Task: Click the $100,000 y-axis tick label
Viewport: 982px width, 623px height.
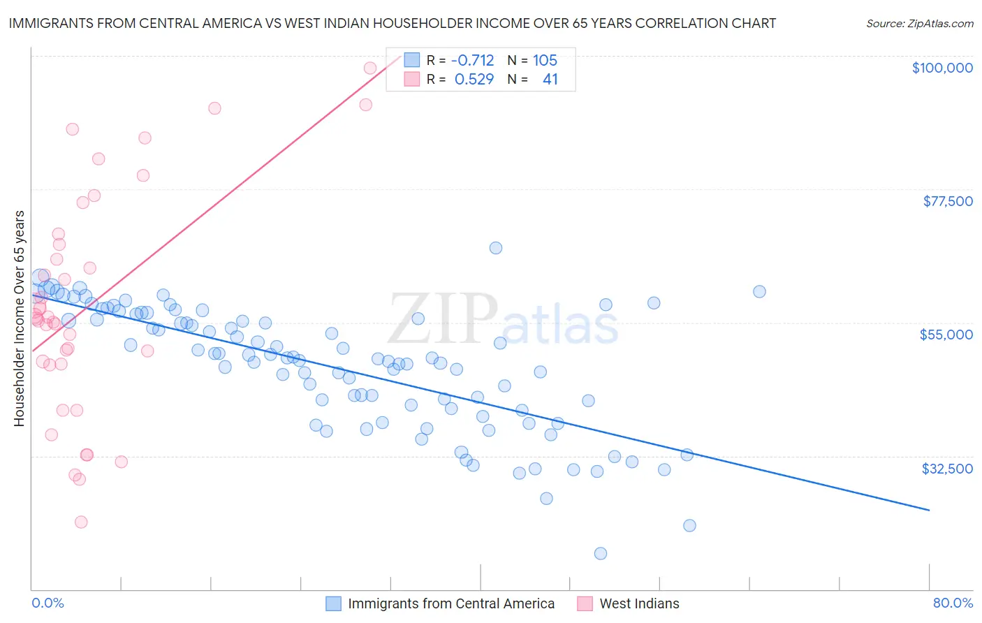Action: tap(942, 68)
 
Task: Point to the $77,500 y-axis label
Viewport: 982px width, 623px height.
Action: tap(948, 201)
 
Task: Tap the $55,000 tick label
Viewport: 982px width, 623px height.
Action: tap(946, 335)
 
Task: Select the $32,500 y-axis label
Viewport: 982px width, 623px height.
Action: tap(947, 469)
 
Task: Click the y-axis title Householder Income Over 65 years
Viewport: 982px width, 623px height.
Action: tap(20, 318)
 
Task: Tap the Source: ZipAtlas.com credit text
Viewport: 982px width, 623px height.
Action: tap(919, 24)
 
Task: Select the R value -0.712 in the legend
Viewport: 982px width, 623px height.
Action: tap(472, 61)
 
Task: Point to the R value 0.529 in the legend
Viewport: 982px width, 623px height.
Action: tap(474, 80)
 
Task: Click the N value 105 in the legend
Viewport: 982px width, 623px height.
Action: tap(545, 61)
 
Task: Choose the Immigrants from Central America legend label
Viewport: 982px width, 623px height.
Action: tap(451, 604)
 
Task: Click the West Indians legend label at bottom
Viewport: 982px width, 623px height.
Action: tap(639, 604)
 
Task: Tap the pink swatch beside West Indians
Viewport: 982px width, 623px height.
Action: tap(585, 603)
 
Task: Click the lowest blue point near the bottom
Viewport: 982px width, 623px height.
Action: tap(600, 554)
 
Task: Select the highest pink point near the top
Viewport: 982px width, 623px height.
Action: tap(370, 68)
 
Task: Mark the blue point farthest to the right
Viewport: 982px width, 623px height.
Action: tap(759, 292)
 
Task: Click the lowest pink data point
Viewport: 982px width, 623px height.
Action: tap(81, 522)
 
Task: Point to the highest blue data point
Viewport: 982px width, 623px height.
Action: tap(496, 248)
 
